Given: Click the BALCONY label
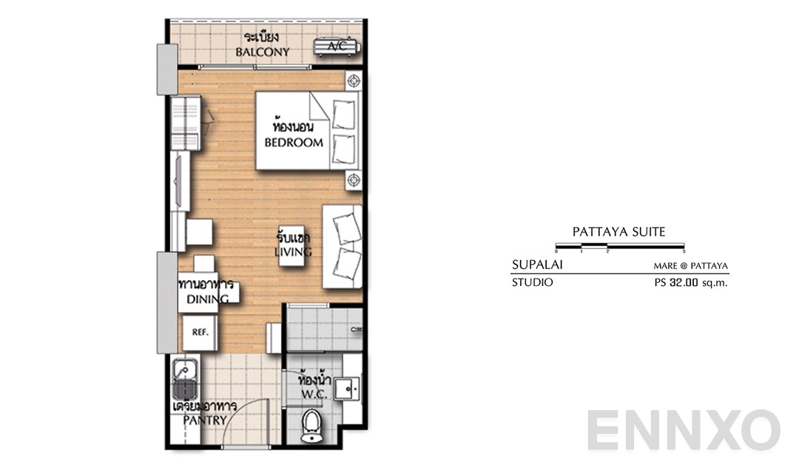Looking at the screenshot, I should click(262, 52).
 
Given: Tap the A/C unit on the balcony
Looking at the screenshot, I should click(337, 47).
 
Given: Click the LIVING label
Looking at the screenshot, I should click(293, 252).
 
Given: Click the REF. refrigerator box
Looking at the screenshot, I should click(200, 332).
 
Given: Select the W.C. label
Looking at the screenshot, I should click(313, 395).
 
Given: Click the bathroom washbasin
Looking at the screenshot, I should click(345, 388).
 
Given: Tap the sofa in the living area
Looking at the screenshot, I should click(343, 248).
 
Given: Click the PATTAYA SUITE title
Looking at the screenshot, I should click(618, 232).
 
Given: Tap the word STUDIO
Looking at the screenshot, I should click(532, 282).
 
